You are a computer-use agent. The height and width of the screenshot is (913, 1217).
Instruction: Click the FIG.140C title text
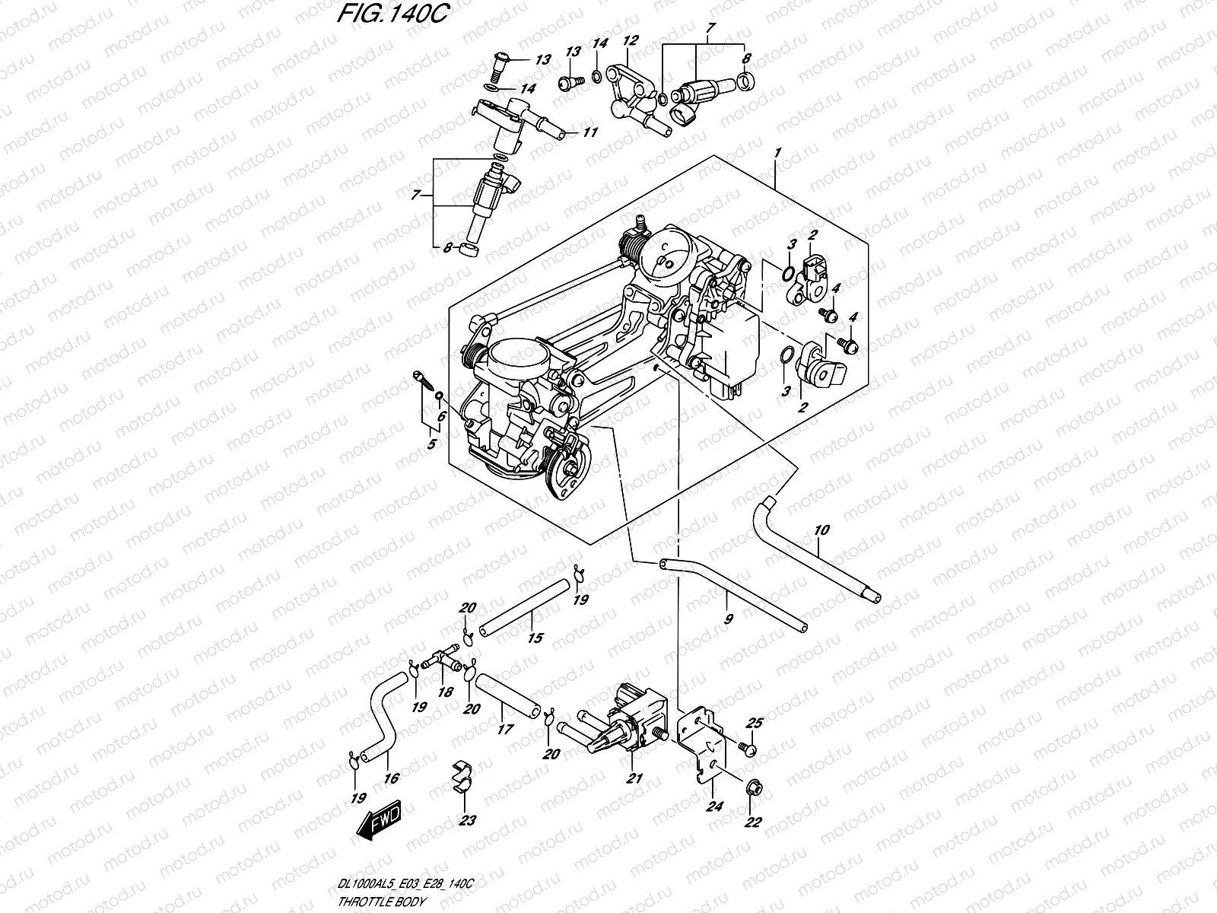tap(392, 13)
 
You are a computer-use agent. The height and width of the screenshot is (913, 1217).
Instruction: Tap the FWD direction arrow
tap(379, 819)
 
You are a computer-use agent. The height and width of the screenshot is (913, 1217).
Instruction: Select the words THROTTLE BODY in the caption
tap(381, 902)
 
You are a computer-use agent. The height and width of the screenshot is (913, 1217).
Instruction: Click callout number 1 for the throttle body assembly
tap(777, 152)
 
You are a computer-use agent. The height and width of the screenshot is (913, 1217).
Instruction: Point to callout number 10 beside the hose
tap(821, 530)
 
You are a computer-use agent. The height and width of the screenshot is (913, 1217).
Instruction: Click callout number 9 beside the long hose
tap(729, 619)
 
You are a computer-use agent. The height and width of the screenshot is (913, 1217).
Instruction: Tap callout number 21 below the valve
tap(634, 778)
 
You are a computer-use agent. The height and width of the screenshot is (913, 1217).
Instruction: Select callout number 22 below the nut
tap(752, 822)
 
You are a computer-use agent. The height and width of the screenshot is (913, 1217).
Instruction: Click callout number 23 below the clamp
tap(467, 820)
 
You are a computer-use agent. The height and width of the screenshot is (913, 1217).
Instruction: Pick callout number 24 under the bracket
tap(714, 806)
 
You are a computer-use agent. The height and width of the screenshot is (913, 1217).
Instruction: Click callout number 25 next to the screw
tap(755, 723)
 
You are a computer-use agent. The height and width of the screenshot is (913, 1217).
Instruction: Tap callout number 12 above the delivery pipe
tap(631, 40)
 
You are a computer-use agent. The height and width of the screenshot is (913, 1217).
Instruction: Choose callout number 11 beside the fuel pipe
tap(590, 132)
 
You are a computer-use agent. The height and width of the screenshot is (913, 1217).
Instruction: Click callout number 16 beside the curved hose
tap(392, 778)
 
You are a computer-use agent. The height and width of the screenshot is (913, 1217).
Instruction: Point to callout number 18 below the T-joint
tap(445, 692)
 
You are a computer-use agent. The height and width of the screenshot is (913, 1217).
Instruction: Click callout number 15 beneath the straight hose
tap(535, 638)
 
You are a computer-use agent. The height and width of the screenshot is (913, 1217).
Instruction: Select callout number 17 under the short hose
tap(505, 730)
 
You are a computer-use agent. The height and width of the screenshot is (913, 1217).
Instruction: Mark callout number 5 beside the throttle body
tap(431, 444)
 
